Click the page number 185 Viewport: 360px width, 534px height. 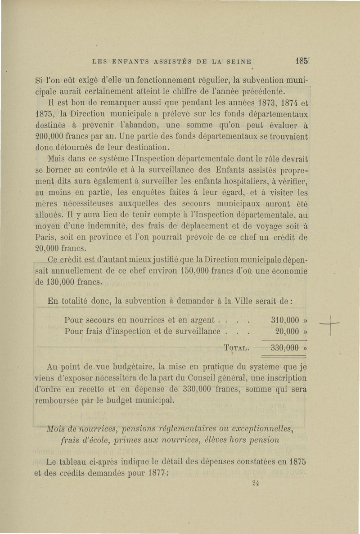coord(301,60)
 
